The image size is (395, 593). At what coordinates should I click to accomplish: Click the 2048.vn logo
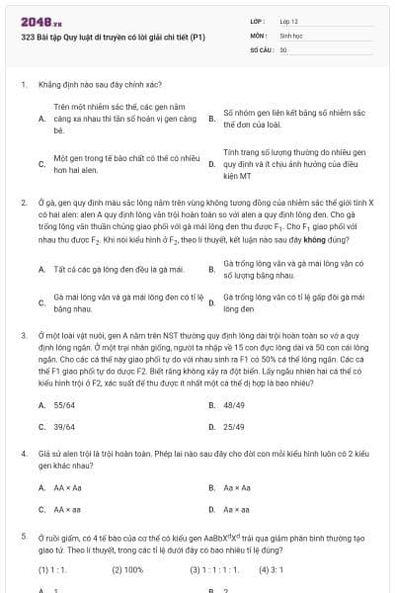pos(39,21)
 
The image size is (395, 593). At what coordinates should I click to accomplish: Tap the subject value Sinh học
pos(290,34)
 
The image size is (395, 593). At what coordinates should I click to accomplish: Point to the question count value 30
pos(283,48)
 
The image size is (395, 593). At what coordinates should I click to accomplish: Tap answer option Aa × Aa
pos(237,487)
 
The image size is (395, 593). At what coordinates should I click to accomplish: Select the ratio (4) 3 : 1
pos(272,569)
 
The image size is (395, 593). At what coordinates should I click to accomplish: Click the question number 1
pos(24,85)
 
